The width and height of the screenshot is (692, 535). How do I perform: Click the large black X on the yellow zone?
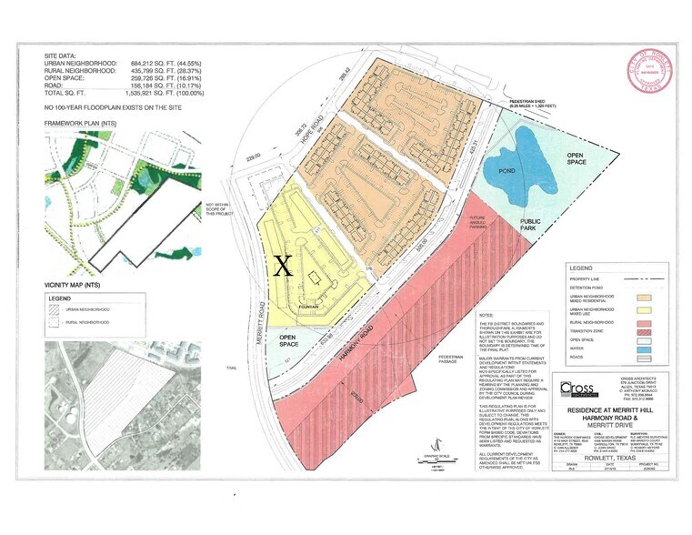tap(283, 265)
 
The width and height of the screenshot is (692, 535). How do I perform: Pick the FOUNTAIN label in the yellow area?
tap(307, 308)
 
